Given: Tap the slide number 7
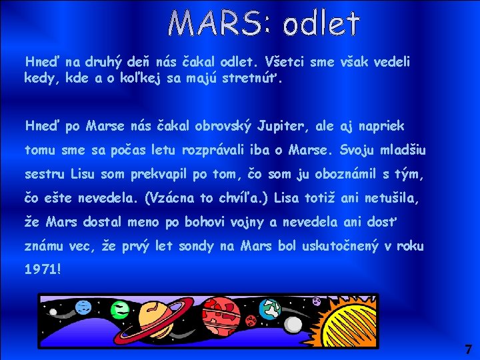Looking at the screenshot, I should click(468, 349).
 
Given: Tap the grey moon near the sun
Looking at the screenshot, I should click(316, 302).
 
